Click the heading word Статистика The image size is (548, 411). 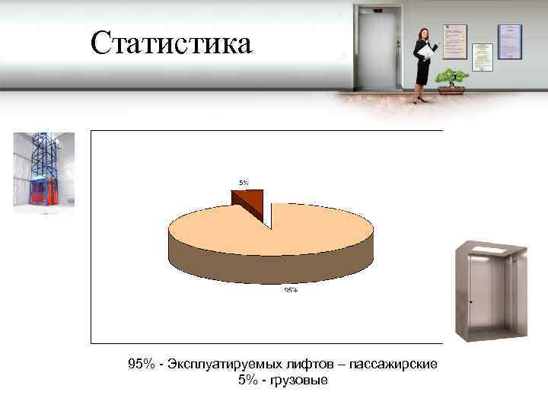pos(170,43)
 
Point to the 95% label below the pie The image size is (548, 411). pos(291,290)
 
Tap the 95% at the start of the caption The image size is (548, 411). pos(141,365)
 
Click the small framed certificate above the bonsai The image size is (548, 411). pos(482,52)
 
